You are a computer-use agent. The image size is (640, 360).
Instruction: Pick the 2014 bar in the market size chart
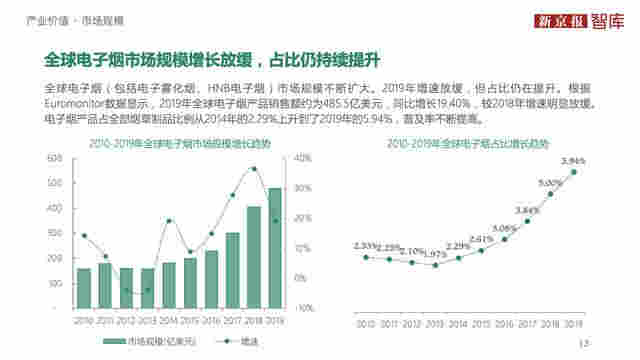click(x=169, y=285)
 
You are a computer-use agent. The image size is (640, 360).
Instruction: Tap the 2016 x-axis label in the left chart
click(x=211, y=319)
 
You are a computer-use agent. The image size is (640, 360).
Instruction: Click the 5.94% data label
click(x=573, y=160)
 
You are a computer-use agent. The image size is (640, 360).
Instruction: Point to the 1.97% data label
click(x=435, y=253)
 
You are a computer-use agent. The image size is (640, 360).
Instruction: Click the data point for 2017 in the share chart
click(x=527, y=220)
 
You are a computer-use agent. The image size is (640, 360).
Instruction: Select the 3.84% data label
click(x=527, y=209)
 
